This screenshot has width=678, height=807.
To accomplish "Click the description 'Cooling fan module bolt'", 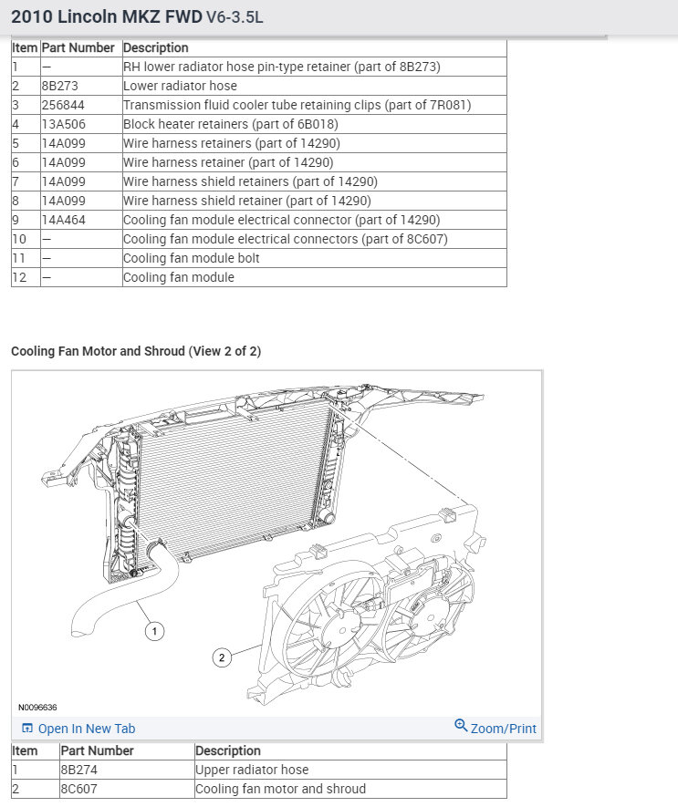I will (x=192, y=258).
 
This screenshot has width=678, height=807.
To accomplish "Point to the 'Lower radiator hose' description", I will (x=180, y=86).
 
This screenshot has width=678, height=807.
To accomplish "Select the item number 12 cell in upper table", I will (x=20, y=277).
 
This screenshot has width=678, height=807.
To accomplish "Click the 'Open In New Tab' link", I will (x=86, y=729).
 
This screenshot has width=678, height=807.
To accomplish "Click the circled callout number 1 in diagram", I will (x=155, y=630).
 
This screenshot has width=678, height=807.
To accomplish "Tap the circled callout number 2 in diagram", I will (x=221, y=657).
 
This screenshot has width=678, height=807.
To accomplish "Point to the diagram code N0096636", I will (x=37, y=707).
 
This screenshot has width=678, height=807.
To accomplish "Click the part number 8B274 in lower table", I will (x=78, y=770).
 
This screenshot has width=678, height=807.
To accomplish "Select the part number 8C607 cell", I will (x=78, y=789).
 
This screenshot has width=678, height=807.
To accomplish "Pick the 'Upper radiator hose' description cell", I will (x=252, y=770).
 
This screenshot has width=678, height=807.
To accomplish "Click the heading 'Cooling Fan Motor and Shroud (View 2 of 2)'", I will (x=136, y=351).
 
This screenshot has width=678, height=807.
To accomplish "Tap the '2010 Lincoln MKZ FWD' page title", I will (x=106, y=16).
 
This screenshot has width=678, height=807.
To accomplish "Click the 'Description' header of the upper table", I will (x=155, y=47).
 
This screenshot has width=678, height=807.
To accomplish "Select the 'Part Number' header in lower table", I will (x=97, y=750).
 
